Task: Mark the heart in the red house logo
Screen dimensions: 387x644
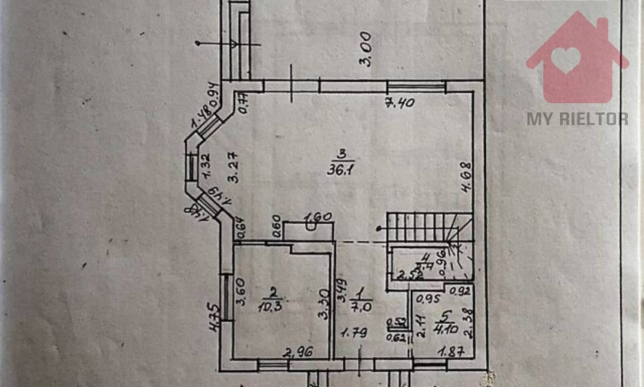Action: (x=566, y=59)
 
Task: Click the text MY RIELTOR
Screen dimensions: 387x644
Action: (x=578, y=119)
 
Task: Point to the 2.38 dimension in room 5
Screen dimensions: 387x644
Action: (x=468, y=324)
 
